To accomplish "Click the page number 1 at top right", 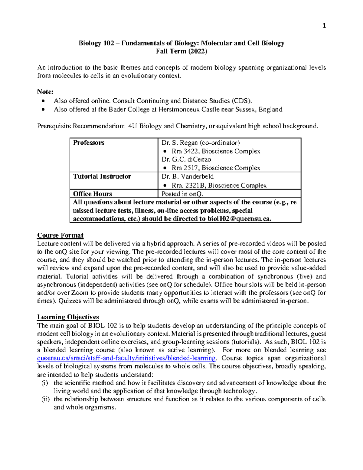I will (x=324, y=26).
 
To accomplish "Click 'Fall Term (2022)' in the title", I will (x=181, y=51).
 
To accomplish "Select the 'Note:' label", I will (x=45, y=92).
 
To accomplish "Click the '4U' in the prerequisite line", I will (x=132, y=126).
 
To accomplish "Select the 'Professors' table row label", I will (x=89, y=143).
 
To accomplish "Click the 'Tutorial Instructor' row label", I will (x=102, y=176).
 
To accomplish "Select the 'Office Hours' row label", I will (x=93, y=194).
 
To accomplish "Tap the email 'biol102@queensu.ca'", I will (x=239, y=219).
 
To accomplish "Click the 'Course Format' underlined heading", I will (x=60, y=235).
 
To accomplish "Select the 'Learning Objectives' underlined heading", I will (x=68, y=317).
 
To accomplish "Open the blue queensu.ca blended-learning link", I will (x=126, y=358).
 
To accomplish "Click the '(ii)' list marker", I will (x=45, y=399).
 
